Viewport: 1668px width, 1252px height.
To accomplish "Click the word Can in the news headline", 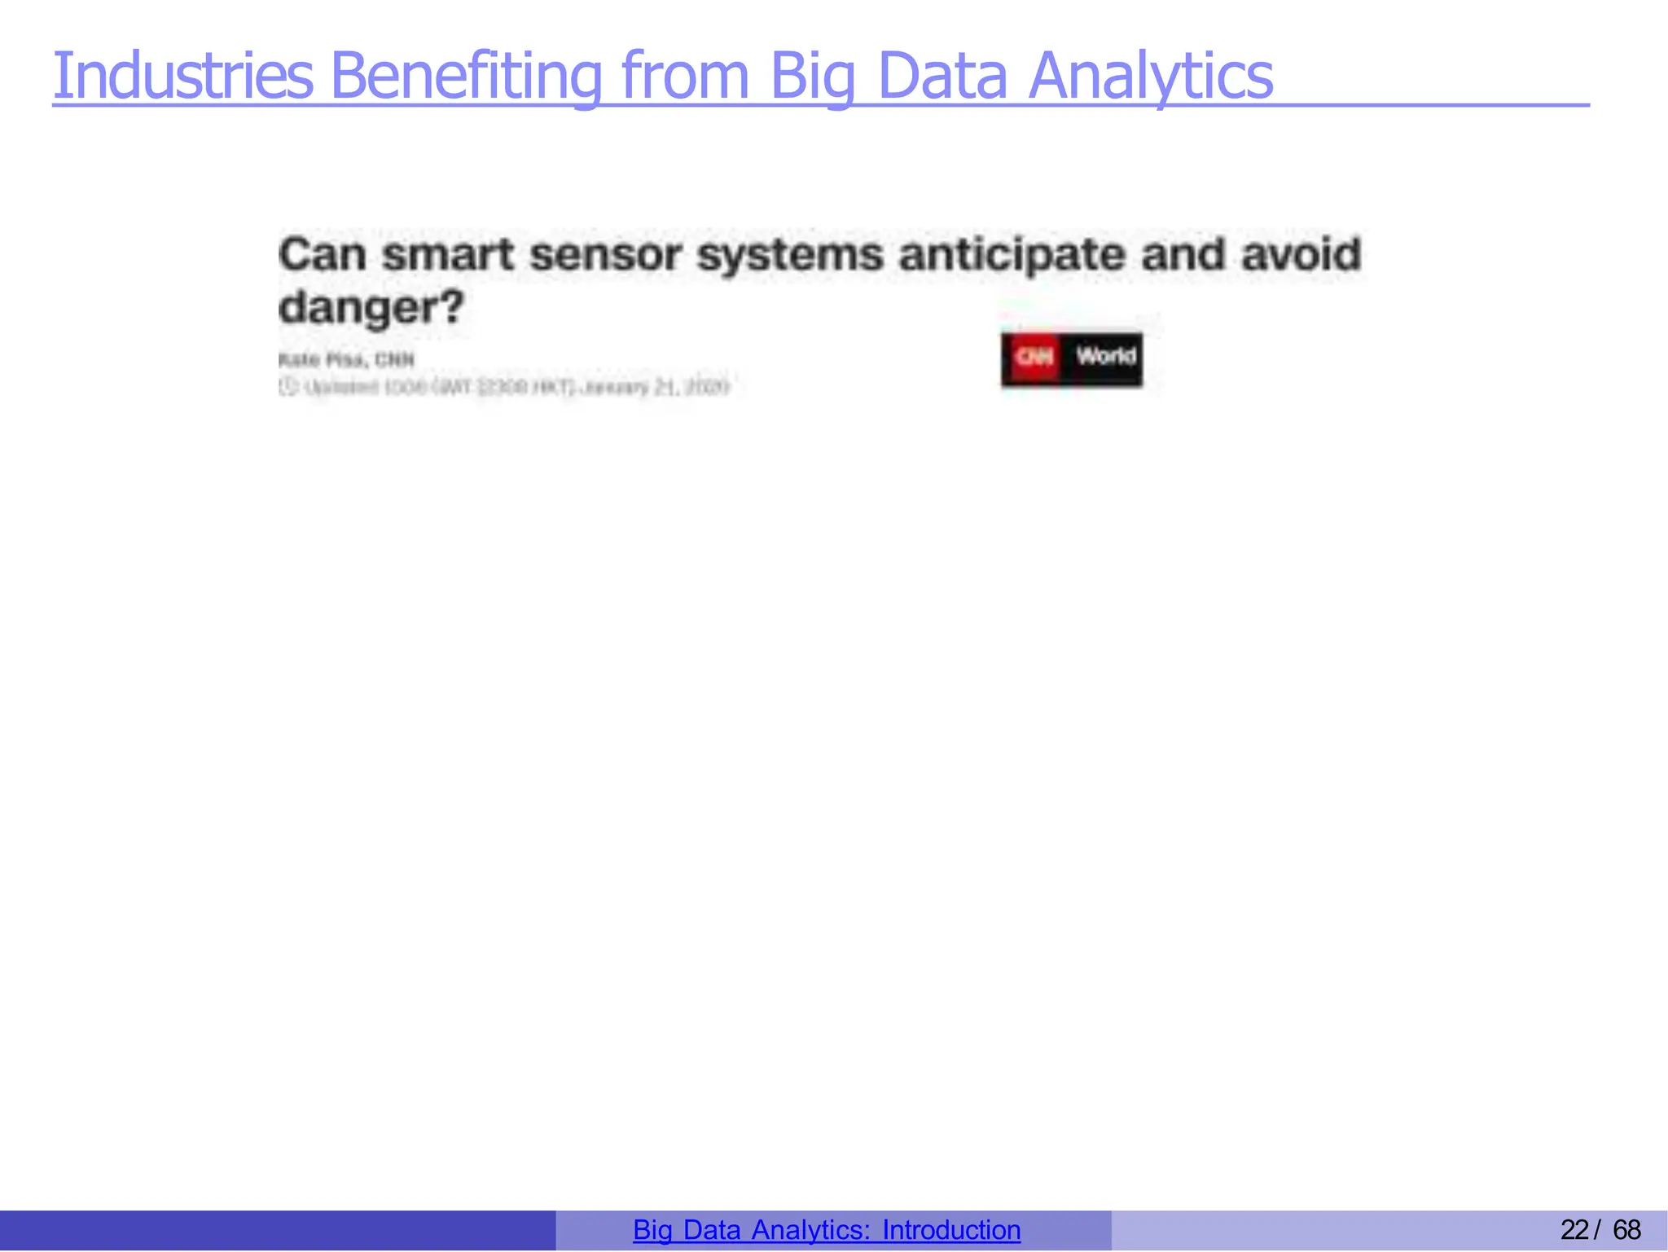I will click(323, 254).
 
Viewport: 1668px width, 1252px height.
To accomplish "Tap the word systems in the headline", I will click(790, 254).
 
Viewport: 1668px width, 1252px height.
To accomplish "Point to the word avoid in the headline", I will click(1301, 254).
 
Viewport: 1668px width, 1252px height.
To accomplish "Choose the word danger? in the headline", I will click(371, 308).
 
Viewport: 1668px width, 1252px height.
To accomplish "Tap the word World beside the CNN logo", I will click(1105, 357).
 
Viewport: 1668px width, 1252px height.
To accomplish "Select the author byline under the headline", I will click(346, 359).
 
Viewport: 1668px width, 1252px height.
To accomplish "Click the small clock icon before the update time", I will click(287, 386).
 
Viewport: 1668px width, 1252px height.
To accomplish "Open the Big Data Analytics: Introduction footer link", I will click(827, 1229).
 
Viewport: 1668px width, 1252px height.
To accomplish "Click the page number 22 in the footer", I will click(1574, 1229).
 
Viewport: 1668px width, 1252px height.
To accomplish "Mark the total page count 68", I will click(1627, 1229).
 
